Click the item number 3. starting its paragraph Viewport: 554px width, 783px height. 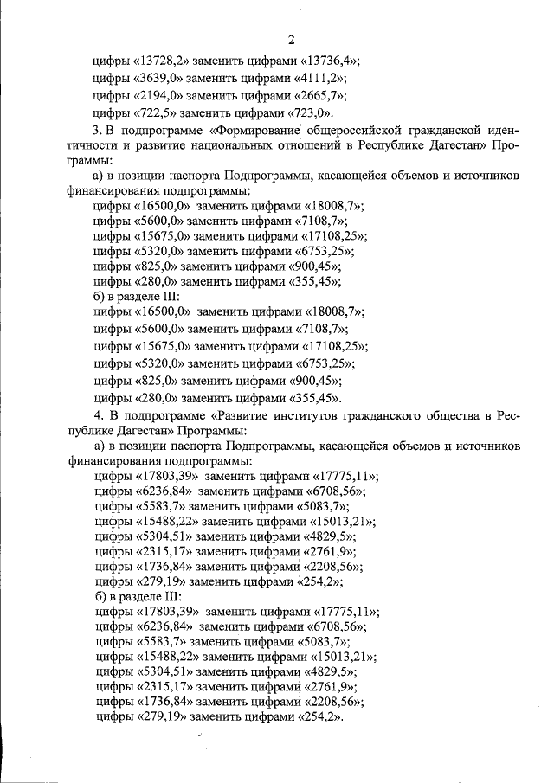[97, 130]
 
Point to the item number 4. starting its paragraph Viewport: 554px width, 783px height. [97, 416]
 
